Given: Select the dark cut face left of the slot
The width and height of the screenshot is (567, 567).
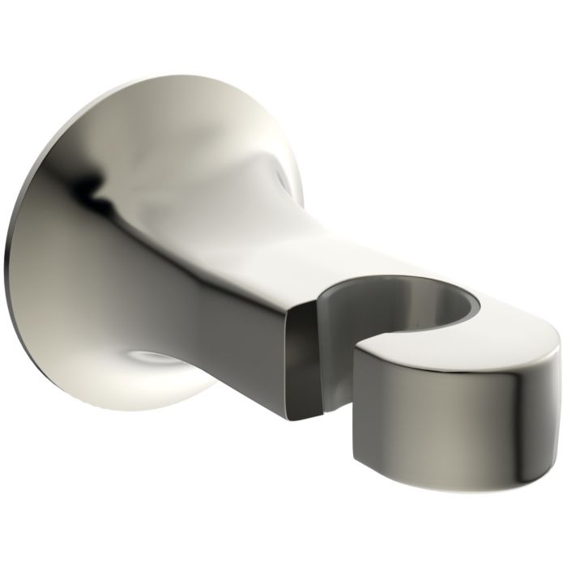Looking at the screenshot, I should (301, 356).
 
